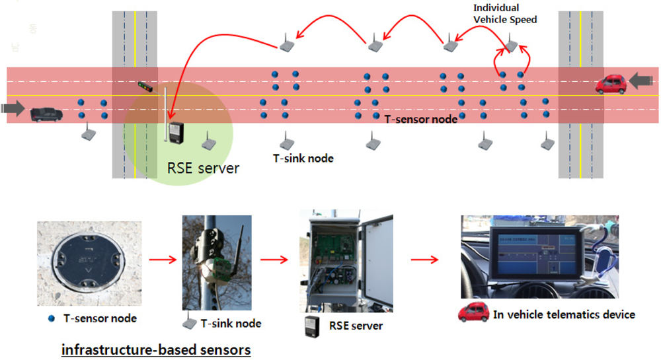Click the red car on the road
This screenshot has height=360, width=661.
[611, 84]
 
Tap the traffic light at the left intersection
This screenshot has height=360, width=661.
[145, 86]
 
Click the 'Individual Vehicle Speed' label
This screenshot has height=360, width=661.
[505, 14]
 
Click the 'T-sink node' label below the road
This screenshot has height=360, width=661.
[303, 158]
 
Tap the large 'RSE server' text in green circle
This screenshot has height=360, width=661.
[202, 168]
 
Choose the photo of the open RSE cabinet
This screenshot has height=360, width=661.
[346, 262]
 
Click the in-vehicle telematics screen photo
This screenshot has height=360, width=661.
[539, 257]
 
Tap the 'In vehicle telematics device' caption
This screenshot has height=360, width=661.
[564, 315]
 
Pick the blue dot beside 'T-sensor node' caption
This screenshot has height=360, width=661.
[52, 318]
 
